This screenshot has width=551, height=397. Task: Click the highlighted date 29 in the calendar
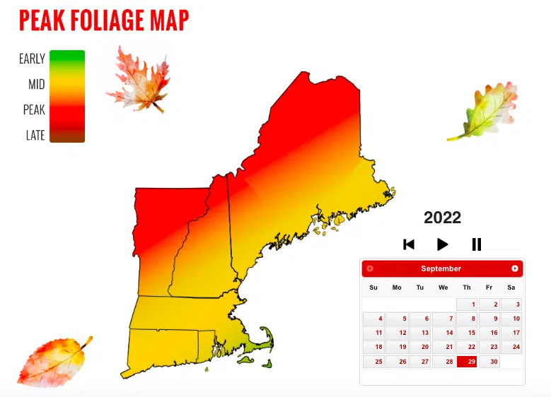[467, 362]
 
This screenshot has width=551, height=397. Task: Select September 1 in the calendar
[467, 304]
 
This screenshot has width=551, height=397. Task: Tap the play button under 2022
[442, 244]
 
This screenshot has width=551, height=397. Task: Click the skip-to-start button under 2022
[409, 244]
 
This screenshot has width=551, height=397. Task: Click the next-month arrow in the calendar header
[515, 268]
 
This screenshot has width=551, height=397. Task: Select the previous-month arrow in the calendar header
[370, 268]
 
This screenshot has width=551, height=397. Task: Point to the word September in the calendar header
[441, 268]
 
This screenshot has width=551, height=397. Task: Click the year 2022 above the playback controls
[442, 218]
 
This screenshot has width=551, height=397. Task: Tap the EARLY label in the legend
[32, 59]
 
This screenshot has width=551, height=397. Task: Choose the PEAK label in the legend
[34, 110]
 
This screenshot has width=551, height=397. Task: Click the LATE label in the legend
[35, 136]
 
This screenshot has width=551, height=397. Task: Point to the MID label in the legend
[37, 85]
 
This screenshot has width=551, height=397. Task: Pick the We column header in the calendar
[443, 288]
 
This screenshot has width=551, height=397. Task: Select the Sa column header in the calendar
[511, 288]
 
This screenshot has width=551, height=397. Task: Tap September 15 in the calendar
[467, 333]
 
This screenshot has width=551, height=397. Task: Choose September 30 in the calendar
[489, 362]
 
